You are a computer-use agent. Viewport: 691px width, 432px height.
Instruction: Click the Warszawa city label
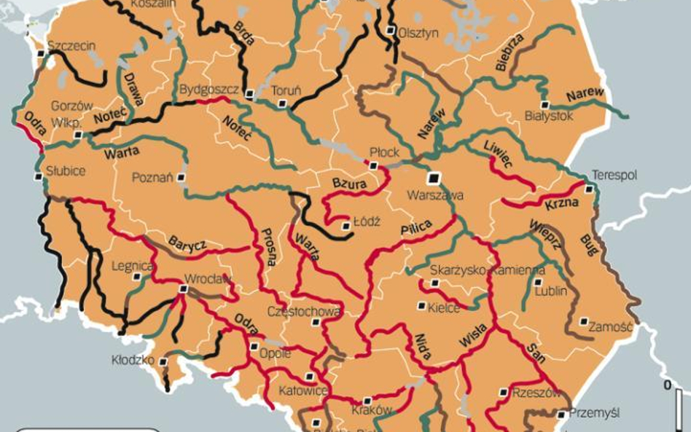click(x=435, y=195)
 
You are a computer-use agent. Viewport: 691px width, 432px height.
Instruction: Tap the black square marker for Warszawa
click(x=434, y=178)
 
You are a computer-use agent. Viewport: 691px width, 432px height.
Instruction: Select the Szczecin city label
click(x=71, y=46)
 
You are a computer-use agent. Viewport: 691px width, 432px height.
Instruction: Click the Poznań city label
click(x=152, y=178)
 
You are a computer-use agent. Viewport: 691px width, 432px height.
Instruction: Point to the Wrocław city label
click(x=208, y=278)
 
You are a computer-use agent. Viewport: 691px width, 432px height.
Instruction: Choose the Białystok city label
click(x=549, y=116)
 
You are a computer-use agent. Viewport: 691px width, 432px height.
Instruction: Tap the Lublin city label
click(x=550, y=291)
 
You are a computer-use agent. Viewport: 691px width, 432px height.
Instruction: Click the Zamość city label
click(x=611, y=326)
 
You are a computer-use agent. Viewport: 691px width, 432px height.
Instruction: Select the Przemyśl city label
click(x=595, y=413)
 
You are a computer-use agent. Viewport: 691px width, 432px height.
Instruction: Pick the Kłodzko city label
click(x=133, y=360)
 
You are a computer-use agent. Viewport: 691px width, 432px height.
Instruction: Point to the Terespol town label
click(x=614, y=176)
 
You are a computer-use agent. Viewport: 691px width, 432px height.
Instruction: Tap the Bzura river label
click(x=349, y=184)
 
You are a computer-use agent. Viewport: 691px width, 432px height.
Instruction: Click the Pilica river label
click(x=415, y=228)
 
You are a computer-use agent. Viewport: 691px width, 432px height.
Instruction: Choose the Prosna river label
click(x=267, y=246)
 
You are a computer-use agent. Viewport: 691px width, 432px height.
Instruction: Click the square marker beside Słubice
click(x=38, y=176)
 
